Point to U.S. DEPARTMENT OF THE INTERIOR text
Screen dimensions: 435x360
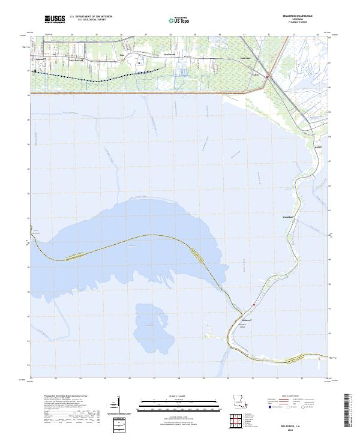91,17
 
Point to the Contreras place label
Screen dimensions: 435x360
227,58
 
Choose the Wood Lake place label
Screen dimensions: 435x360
289,217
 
